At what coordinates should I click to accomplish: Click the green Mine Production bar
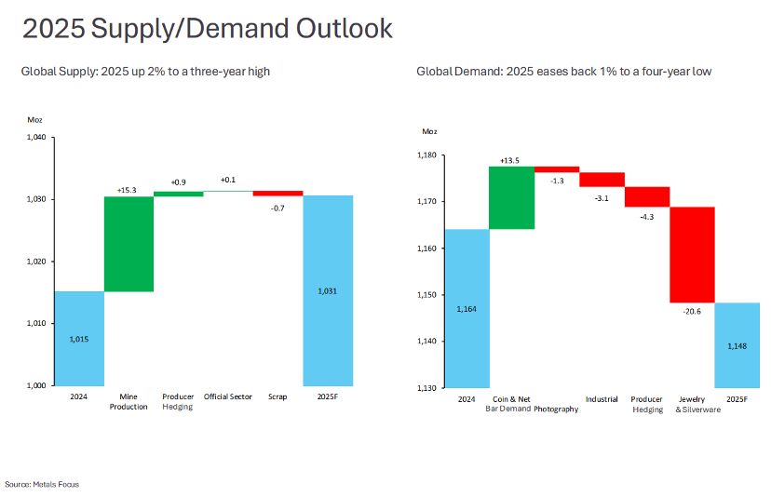tap(128, 244)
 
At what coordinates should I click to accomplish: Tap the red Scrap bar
tap(277, 194)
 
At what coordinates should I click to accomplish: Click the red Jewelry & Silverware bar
tap(692, 255)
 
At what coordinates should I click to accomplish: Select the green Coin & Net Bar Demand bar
tap(511, 197)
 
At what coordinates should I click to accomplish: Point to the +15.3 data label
tap(128, 190)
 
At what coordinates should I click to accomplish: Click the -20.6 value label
tap(691, 311)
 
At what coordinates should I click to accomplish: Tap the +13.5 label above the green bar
tap(510, 160)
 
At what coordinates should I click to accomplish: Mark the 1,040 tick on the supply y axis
tap(36, 137)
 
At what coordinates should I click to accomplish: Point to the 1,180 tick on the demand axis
tap(427, 154)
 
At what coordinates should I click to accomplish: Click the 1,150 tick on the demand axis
tap(427, 295)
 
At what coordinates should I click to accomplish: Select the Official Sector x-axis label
tap(228, 396)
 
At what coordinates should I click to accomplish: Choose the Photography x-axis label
tap(556, 410)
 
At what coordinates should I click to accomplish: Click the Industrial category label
tap(602, 399)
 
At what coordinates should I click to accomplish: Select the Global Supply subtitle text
tap(145, 71)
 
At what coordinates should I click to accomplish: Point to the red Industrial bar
tap(602, 180)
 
